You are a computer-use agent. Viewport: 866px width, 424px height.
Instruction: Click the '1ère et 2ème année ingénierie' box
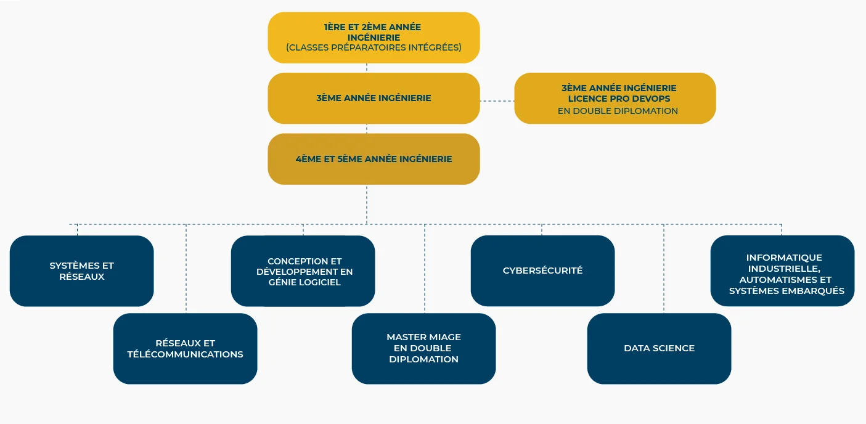point(374,38)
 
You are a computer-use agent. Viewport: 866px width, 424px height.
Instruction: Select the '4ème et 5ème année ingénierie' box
point(374,159)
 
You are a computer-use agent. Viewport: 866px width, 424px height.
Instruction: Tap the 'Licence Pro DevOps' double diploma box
point(615,98)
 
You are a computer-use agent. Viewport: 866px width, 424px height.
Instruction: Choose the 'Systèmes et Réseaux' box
point(81,271)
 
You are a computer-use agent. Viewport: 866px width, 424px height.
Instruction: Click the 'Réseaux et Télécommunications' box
point(185,349)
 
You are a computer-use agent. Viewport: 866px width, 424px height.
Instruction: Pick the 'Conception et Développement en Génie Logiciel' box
point(303,271)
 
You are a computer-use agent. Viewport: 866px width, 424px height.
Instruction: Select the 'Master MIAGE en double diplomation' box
point(423,349)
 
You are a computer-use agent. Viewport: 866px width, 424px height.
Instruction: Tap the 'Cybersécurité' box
point(542,271)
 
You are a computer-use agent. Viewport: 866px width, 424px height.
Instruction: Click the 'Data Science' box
point(659,349)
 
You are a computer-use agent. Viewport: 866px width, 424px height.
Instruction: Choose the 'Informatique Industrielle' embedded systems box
point(783,271)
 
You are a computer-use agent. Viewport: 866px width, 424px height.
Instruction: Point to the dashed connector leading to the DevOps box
point(497,101)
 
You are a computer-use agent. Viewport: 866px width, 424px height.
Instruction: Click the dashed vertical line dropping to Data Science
point(664,269)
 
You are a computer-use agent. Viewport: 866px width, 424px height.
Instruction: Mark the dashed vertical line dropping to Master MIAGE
point(425,269)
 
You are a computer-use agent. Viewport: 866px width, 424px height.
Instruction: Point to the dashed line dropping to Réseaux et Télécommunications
point(186,269)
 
